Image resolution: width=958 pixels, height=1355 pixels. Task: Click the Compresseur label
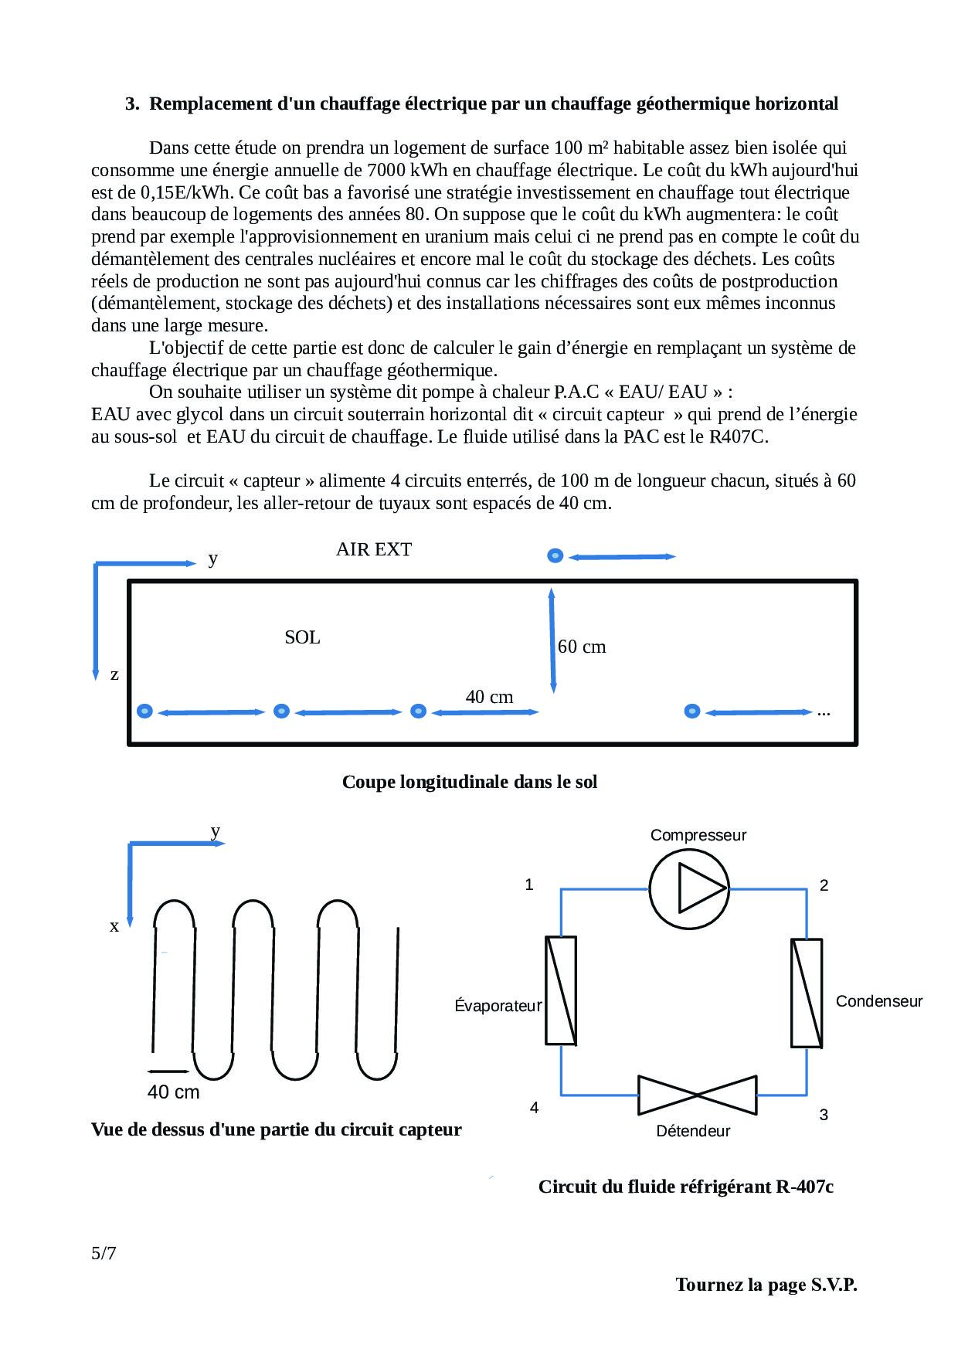click(698, 835)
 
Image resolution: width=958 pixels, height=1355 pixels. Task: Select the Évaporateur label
click(498, 1006)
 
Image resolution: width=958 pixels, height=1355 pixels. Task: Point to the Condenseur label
click(879, 1001)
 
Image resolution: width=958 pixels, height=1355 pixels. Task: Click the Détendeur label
click(693, 1131)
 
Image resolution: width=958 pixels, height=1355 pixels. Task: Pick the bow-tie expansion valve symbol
click(697, 1095)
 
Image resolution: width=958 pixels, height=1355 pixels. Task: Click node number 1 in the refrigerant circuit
click(529, 885)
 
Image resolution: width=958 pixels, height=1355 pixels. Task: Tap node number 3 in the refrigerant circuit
click(824, 1115)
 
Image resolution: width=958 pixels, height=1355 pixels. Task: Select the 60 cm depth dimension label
click(582, 647)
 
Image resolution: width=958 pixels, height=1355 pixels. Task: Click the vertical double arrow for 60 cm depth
click(552, 640)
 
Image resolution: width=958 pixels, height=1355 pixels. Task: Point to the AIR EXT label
click(374, 549)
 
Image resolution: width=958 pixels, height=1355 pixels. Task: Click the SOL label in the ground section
click(302, 637)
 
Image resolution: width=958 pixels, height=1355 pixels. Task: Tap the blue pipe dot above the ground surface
click(555, 555)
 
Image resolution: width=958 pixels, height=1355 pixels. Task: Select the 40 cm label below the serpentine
click(173, 1092)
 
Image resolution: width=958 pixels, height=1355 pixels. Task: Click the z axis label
click(114, 674)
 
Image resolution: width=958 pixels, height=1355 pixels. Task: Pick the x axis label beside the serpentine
click(114, 925)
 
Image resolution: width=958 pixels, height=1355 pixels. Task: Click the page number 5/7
click(104, 1253)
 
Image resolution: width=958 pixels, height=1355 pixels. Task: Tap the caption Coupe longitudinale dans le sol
click(470, 782)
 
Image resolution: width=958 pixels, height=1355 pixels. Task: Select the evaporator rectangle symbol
click(561, 990)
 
